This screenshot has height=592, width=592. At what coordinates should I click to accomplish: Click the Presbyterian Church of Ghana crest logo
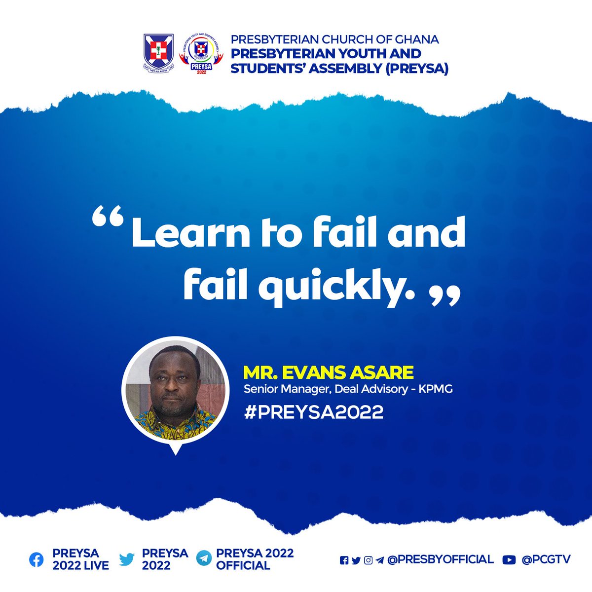point(159,53)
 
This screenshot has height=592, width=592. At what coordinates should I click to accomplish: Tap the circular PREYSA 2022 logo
point(200,54)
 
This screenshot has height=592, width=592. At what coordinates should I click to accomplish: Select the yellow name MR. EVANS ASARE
point(328,373)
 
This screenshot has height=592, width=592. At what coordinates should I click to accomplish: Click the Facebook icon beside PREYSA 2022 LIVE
point(37,559)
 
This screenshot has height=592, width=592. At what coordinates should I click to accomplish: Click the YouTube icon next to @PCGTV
point(509,559)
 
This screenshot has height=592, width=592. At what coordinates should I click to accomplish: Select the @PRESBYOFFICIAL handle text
point(440,559)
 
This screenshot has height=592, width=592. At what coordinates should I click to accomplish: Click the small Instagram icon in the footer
point(368,560)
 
